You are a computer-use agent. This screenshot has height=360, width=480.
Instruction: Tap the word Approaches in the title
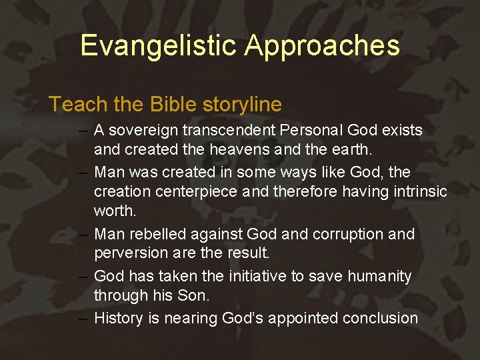coord(322,45)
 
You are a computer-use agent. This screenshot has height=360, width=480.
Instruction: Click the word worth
coord(115,211)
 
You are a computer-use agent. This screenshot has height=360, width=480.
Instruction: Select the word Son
coord(177,295)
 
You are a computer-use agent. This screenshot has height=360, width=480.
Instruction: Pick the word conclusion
coord(380,319)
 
